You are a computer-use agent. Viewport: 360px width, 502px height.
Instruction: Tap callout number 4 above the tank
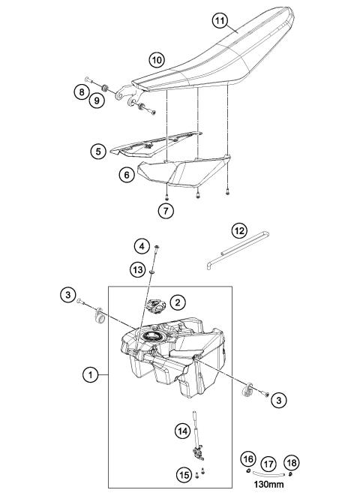pyautogui.click(x=140, y=245)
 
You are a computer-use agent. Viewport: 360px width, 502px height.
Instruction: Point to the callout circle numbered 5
pyautogui.click(x=97, y=151)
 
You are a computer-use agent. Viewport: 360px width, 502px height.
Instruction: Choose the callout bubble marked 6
pyautogui.click(x=127, y=176)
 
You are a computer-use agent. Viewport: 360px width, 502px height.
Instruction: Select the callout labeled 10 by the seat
pyautogui.click(x=156, y=59)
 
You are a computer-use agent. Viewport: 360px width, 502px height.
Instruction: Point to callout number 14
pyautogui.click(x=182, y=431)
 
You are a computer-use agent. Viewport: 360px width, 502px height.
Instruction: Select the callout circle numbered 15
pyautogui.click(x=183, y=474)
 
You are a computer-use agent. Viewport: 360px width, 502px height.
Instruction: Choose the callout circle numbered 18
pyautogui.click(x=293, y=463)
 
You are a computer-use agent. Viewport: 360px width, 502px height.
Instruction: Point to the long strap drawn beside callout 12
pyautogui.click(x=238, y=251)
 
